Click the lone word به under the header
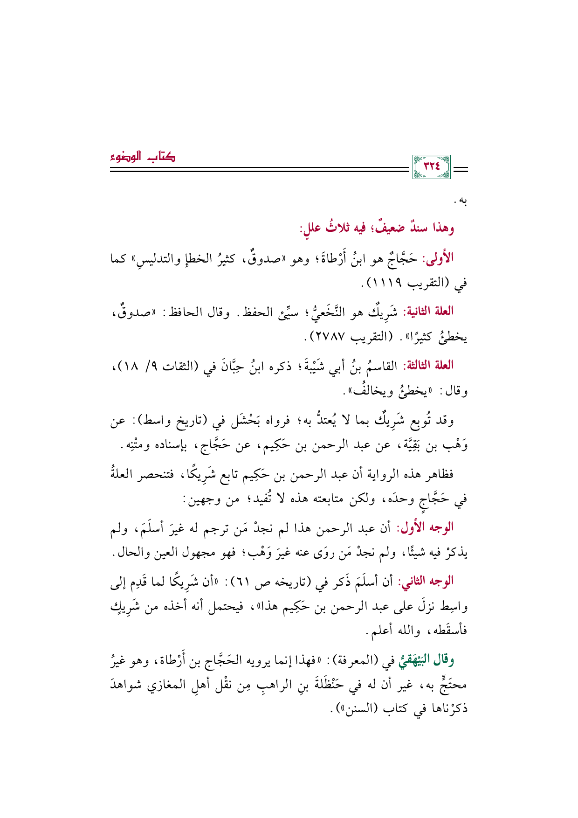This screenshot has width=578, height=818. [461, 201]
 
